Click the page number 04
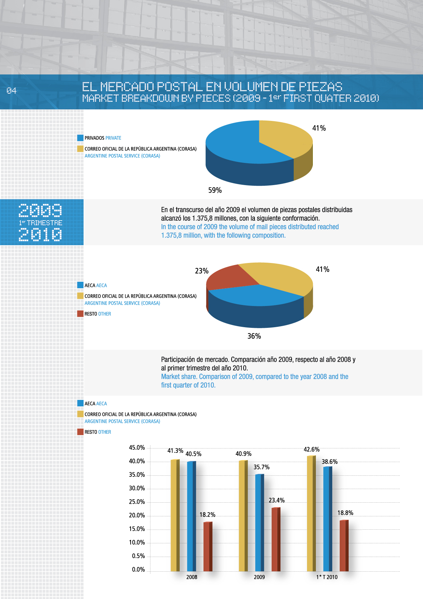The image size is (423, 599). tap(11, 90)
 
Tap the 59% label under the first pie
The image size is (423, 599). tap(215, 190)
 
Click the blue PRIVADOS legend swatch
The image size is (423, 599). tap(80, 138)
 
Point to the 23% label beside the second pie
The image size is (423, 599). tap(202, 271)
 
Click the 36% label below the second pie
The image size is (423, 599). tap(254, 336)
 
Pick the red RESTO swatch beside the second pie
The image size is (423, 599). tap(80, 314)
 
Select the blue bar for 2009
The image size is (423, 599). tap(259, 523)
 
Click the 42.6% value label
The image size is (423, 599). tap(311, 449)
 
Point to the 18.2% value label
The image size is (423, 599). tap(207, 515)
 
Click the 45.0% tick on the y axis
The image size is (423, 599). tap(137, 448)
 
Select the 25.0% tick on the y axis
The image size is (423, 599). tap(137, 502)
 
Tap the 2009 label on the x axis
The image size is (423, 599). tap(259, 577)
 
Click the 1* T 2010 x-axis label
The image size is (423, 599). tap(327, 577)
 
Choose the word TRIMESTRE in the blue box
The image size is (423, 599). tap(44, 223)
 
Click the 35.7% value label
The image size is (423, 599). tap(261, 467)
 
